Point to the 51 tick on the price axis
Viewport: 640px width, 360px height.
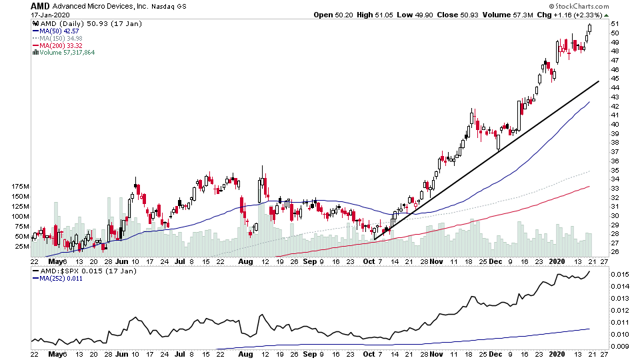[614, 23]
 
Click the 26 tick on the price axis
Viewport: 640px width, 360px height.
[614, 252]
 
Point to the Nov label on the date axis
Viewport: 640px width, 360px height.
[436, 263]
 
